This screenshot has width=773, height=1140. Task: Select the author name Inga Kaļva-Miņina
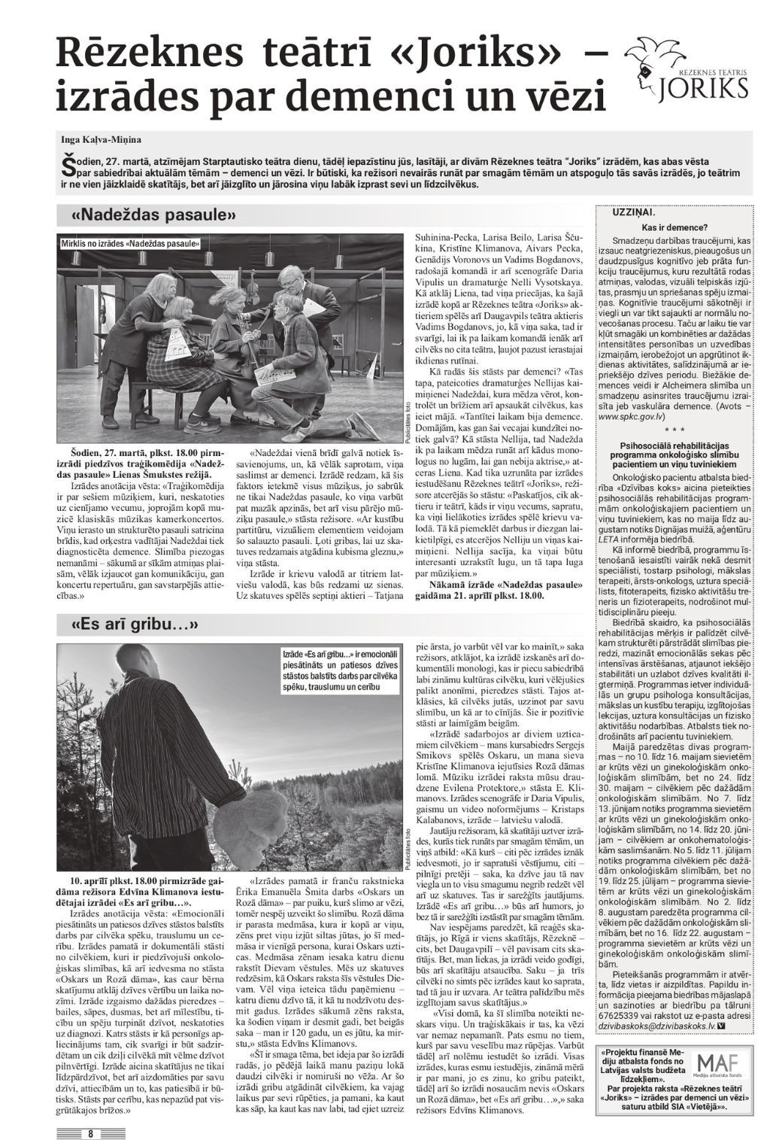click(x=102, y=139)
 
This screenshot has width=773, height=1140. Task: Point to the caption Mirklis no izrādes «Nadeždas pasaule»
click(x=130, y=244)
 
